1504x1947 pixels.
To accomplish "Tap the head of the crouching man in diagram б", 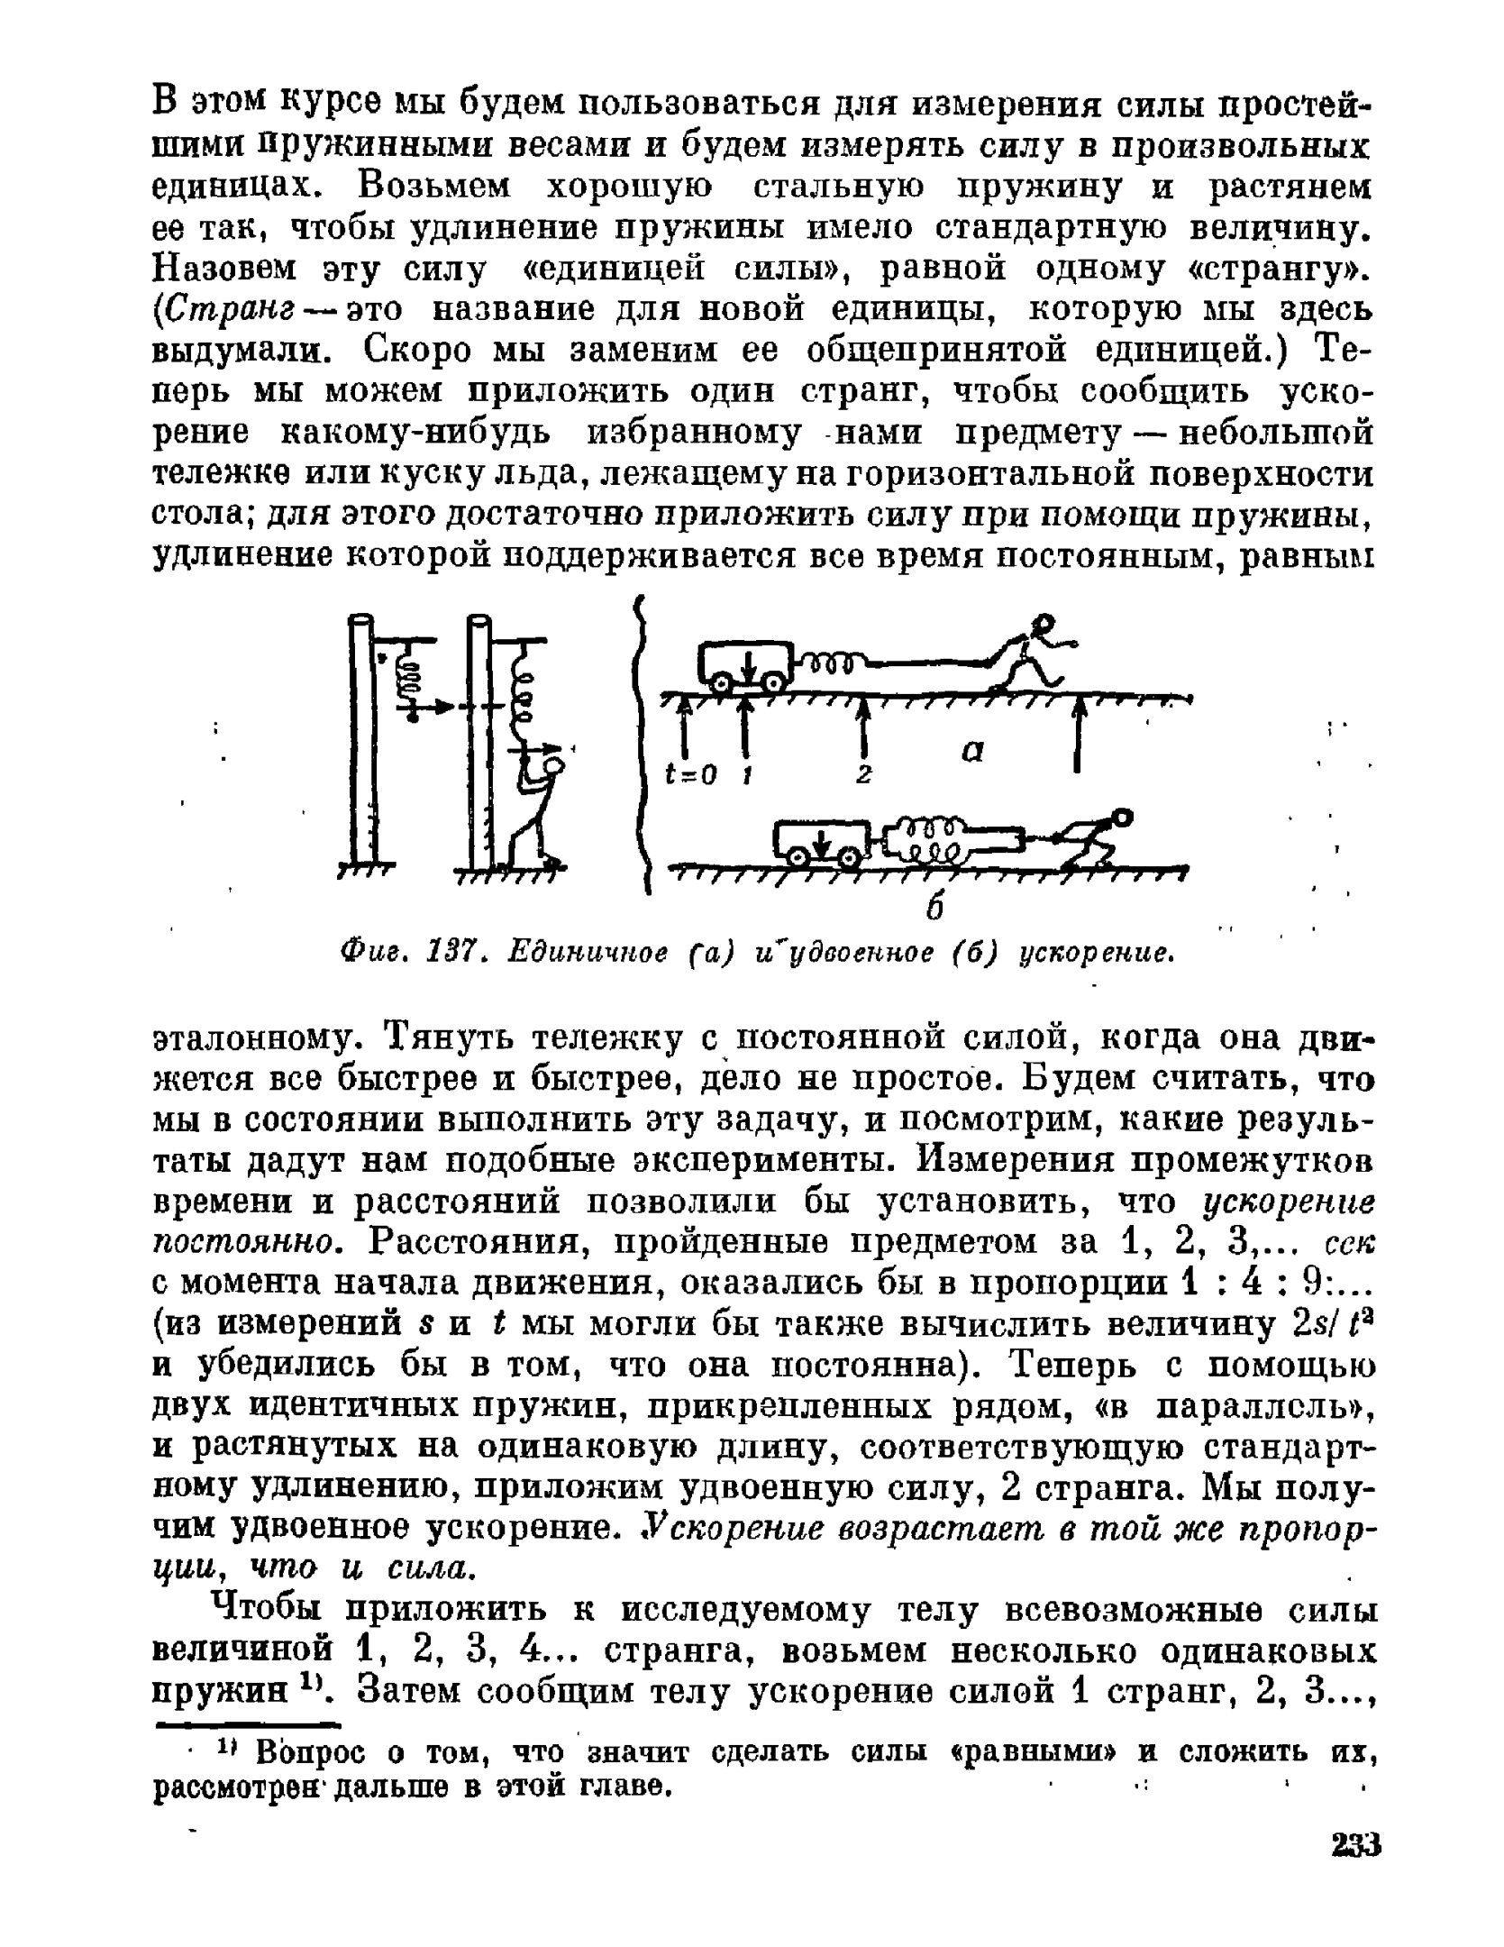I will click(x=1122, y=818).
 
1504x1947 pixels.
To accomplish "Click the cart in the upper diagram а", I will click(x=744, y=665).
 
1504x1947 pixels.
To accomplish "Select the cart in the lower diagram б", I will click(x=820, y=842).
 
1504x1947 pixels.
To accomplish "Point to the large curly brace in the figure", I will click(x=643, y=745).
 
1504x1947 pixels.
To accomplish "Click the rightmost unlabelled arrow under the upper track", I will click(x=1076, y=735).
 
